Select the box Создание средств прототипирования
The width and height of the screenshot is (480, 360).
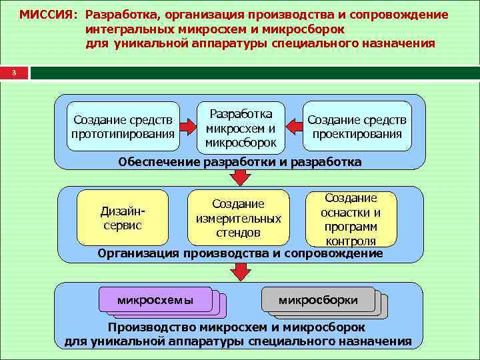(123, 127)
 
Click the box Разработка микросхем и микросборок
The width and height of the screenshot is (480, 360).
(240, 125)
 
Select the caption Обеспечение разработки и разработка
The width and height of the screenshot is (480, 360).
(240, 162)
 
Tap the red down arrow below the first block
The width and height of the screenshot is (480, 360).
(240, 177)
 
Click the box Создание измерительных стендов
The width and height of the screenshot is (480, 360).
(238, 218)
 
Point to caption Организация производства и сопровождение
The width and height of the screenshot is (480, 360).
(240, 253)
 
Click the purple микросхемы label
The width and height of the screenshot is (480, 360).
(155, 299)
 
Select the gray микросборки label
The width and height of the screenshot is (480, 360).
(318, 300)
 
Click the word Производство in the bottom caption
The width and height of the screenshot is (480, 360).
(147, 327)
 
